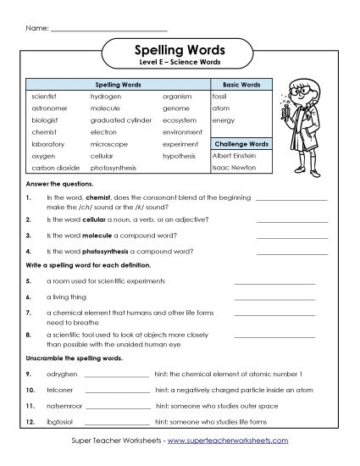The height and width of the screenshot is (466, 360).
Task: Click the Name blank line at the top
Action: (97, 31)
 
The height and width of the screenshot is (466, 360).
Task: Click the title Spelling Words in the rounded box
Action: (179, 51)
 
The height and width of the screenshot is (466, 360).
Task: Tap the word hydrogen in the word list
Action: (106, 97)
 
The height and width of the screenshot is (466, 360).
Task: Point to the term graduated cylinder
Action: (120, 120)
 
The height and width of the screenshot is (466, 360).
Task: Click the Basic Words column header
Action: (241, 86)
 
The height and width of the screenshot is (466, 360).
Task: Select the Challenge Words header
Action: (241, 144)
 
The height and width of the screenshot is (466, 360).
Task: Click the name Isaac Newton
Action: (232, 168)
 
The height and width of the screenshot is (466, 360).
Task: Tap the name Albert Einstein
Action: (234, 156)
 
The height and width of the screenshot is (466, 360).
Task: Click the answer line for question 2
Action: (291, 221)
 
